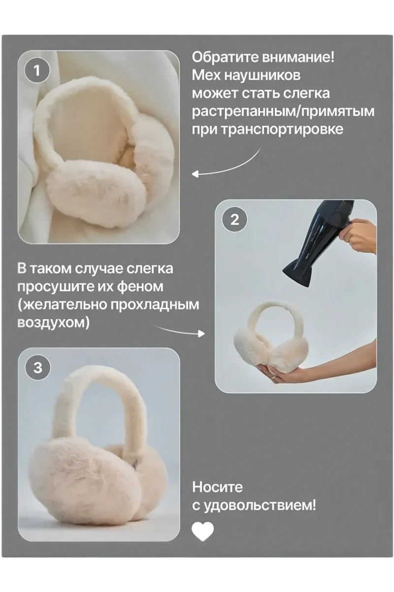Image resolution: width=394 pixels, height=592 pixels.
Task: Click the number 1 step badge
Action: (37, 71)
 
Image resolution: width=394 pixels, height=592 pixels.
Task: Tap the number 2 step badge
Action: (235, 220)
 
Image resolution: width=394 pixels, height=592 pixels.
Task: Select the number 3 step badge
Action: (37, 368)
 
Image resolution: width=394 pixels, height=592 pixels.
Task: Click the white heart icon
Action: (202, 532)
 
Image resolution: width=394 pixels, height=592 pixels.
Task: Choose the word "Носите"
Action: (218, 487)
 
